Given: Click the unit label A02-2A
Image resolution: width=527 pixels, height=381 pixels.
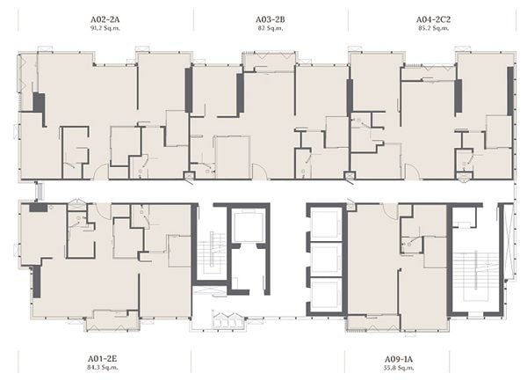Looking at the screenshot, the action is click(x=105, y=19).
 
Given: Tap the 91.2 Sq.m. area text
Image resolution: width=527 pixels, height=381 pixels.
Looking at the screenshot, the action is click(x=105, y=28).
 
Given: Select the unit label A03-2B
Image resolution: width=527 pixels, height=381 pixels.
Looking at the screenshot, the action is click(x=271, y=19).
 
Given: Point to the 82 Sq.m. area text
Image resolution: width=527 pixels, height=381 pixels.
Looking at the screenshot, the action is click(x=271, y=28).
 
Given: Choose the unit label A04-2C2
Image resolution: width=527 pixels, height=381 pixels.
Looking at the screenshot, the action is click(x=433, y=19).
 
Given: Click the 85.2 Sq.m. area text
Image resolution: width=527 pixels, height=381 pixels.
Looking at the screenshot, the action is click(x=433, y=28).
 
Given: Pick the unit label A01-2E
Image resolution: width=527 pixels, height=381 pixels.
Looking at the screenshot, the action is click(x=102, y=358).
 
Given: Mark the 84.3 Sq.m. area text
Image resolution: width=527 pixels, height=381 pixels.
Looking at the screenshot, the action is click(x=102, y=367).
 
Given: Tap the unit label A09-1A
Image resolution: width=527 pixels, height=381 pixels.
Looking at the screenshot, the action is click(x=399, y=359).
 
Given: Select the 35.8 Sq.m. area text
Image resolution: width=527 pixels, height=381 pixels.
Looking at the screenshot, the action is click(x=399, y=368).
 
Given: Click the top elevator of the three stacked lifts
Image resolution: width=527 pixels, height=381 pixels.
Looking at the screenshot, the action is click(x=325, y=223).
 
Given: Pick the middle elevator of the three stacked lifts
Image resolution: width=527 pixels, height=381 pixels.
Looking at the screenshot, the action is click(x=325, y=259).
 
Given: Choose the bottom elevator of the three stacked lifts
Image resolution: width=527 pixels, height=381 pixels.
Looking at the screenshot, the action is click(x=325, y=295).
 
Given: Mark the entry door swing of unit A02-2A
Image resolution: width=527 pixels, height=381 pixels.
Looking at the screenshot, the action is click(x=101, y=172).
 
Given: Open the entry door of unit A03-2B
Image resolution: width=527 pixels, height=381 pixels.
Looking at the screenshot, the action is click(x=259, y=172).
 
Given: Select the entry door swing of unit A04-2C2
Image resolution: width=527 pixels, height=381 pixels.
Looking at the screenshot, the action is click(x=412, y=172).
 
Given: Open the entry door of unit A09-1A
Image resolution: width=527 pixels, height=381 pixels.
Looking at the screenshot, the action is click(x=390, y=211).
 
